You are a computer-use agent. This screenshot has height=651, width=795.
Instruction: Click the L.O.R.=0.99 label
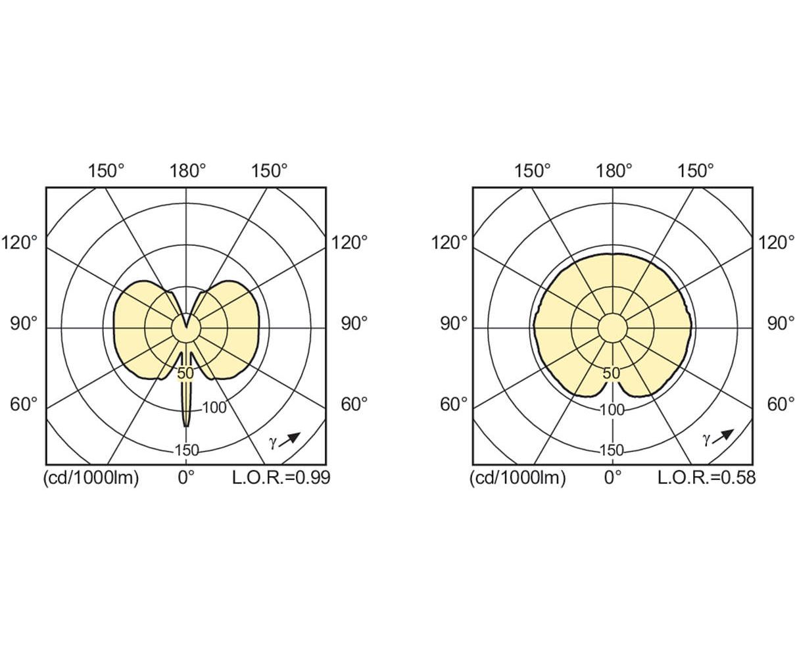(281, 477)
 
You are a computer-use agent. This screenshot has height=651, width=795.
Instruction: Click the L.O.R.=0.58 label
(707, 477)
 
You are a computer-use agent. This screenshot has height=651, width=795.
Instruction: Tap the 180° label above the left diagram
(187, 171)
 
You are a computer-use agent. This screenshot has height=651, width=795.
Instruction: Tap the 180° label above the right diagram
(614, 171)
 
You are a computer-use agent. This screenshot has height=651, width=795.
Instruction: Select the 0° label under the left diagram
(186, 477)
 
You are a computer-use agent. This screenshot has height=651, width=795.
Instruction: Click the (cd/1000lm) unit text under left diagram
(91, 478)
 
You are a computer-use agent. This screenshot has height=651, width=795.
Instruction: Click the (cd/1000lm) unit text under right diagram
(518, 478)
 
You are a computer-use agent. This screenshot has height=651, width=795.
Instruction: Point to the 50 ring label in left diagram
(185, 374)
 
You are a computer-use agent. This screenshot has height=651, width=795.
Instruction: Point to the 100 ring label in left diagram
(214, 408)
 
